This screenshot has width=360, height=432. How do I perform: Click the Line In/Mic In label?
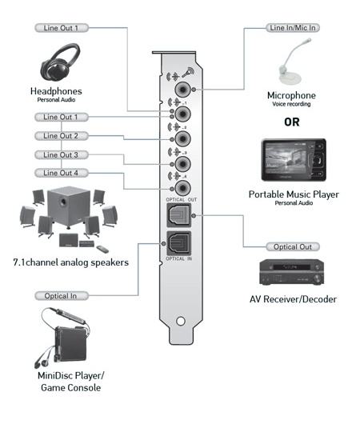[x=293, y=28]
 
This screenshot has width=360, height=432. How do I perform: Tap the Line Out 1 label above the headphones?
[x=61, y=28]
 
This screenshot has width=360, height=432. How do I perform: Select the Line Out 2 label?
[x=61, y=136]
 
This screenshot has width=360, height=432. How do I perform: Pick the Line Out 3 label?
[x=61, y=155]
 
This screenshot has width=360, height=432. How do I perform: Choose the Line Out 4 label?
[x=61, y=173]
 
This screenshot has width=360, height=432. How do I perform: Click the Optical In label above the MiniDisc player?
[x=61, y=296]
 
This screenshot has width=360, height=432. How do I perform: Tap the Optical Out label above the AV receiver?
[x=293, y=247]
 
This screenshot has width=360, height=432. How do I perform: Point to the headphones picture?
[x=60, y=63]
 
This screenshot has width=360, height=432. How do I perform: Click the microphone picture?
[x=293, y=62]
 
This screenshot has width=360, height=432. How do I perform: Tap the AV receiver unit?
[x=291, y=272]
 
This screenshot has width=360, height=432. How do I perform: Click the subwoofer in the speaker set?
[x=68, y=207]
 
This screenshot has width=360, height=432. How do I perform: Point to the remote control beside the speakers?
[x=102, y=249]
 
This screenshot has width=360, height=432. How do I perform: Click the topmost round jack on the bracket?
[x=182, y=90]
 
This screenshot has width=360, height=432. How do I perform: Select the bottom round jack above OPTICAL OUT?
[x=182, y=188]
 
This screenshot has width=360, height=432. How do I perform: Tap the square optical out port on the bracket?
[x=178, y=215]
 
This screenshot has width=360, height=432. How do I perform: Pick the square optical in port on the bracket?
[x=178, y=243]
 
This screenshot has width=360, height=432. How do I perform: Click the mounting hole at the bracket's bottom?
[x=181, y=321]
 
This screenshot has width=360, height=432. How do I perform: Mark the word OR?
[x=292, y=122]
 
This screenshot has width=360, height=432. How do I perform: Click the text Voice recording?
[x=291, y=104]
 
